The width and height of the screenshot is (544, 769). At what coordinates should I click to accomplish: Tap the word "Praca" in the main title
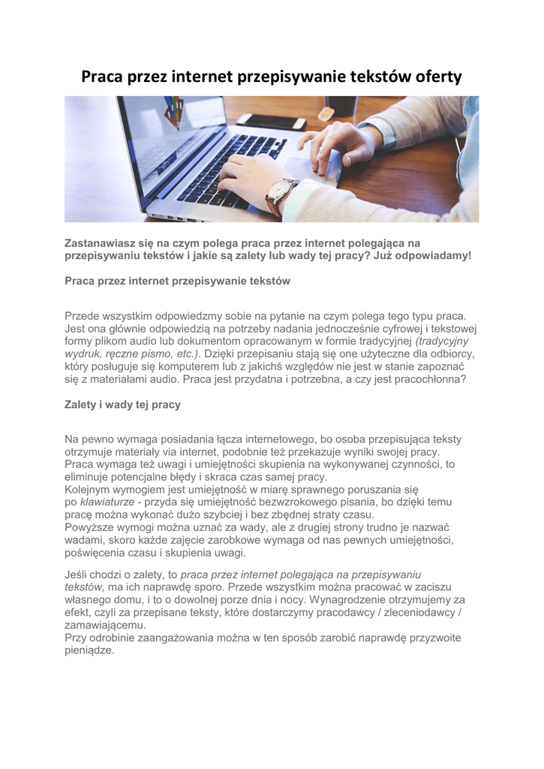(x=103, y=77)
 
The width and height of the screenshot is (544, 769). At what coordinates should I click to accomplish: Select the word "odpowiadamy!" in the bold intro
(x=434, y=255)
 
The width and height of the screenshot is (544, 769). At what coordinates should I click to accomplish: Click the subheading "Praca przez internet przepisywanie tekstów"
(x=177, y=281)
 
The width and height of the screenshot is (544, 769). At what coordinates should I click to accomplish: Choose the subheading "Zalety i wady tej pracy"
(x=122, y=404)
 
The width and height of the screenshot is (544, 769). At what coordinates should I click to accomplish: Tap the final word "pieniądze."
(x=89, y=650)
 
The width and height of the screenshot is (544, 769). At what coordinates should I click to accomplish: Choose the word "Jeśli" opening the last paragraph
(x=78, y=574)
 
